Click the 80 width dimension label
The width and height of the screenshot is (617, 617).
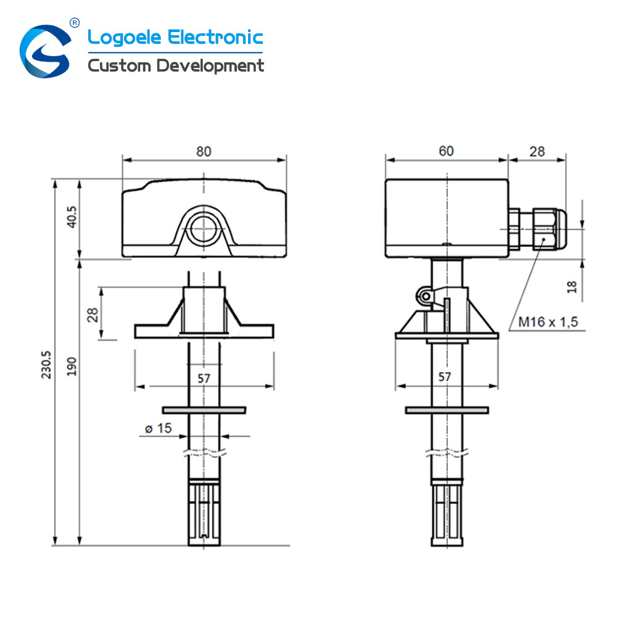(x=204, y=152)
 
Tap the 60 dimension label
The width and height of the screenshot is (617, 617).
(x=446, y=151)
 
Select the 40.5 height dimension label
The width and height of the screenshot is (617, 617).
(x=72, y=217)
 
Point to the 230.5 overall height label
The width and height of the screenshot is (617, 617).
(x=46, y=365)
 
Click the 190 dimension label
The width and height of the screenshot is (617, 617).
(x=72, y=366)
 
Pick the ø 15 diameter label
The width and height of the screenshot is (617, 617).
(x=158, y=428)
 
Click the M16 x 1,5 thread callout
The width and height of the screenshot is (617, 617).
(x=548, y=322)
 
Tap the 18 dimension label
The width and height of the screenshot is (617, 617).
(x=572, y=287)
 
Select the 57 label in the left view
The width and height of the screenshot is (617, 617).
(x=204, y=379)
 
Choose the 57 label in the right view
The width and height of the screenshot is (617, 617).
(x=445, y=377)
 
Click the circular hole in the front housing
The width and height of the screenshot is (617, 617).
(x=203, y=229)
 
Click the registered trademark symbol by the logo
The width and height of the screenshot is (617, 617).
(x=75, y=23)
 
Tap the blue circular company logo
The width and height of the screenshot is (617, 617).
(x=46, y=51)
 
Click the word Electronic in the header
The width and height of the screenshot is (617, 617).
(x=215, y=38)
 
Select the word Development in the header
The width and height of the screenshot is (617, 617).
(x=210, y=66)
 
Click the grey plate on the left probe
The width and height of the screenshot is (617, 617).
(x=204, y=410)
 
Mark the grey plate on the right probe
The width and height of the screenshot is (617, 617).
(x=447, y=410)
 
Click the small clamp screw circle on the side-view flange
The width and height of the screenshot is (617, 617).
(x=425, y=296)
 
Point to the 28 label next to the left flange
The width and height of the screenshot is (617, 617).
(x=93, y=315)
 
